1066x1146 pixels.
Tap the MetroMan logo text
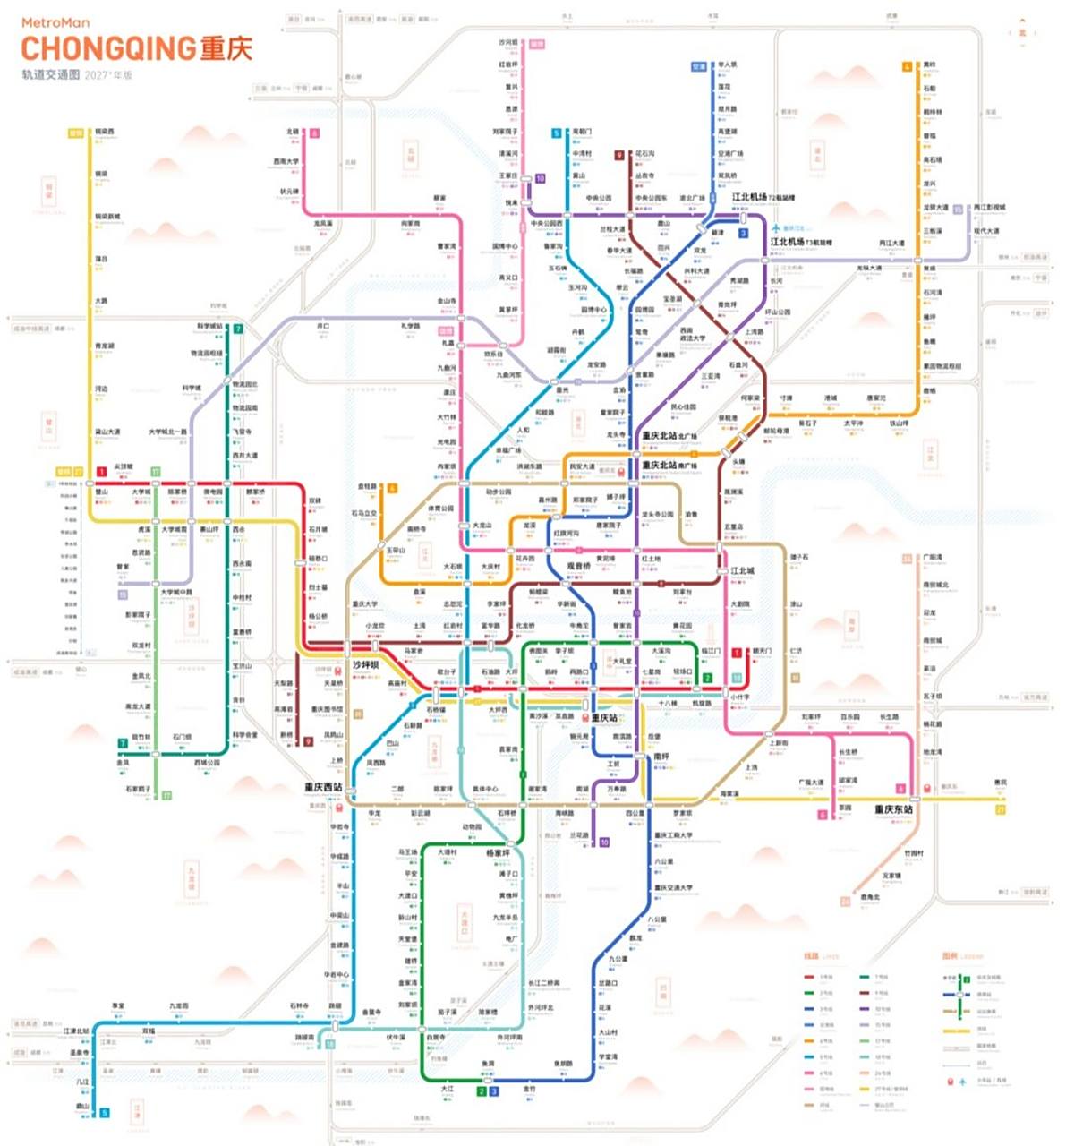(55, 23)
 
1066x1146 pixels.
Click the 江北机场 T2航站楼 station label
(763, 197)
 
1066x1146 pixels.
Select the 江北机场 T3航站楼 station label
(800, 242)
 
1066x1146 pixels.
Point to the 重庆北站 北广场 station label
(669, 436)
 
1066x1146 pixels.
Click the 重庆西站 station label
(323, 788)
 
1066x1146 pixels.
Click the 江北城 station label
(742, 570)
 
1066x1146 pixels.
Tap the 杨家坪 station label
(499, 853)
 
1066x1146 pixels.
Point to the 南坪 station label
(661, 757)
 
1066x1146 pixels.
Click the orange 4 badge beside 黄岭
(907, 67)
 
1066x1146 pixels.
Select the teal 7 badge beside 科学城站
(238, 329)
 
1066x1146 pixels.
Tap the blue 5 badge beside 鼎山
(105, 1113)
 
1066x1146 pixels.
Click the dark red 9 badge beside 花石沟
(618, 155)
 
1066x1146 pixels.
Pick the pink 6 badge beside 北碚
(314, 133)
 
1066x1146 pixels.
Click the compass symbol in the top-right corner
(1022, 32)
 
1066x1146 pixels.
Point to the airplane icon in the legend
(963, 1082)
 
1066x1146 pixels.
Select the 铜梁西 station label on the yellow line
(105, 132)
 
